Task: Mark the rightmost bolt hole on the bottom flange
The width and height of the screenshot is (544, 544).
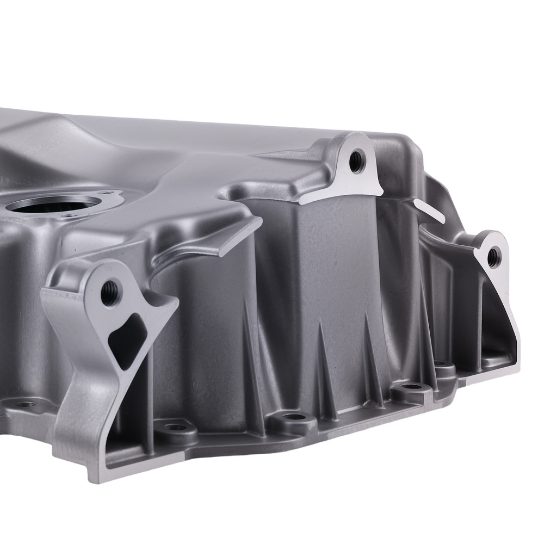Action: click(438, 363)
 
